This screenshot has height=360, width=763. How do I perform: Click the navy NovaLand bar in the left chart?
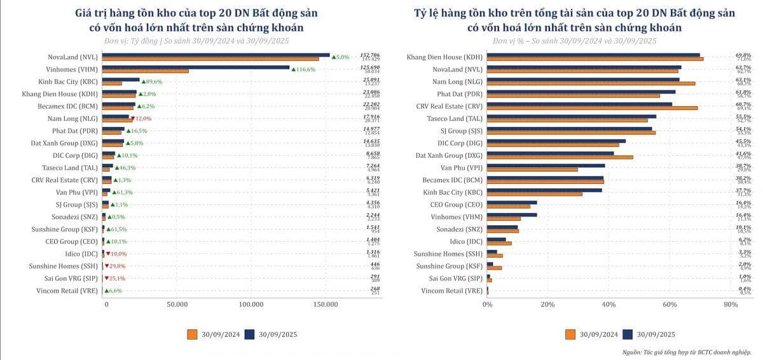tap(216, 55)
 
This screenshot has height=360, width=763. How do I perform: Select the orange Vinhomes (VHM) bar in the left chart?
tap(146, 71)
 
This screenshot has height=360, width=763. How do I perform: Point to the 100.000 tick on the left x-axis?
tap(252, 305)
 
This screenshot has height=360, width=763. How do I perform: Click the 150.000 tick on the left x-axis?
tap(326, 305)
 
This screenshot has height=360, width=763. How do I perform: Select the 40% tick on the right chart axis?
tap(608, 305)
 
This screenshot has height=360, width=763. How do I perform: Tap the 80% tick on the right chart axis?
tap(730, 305)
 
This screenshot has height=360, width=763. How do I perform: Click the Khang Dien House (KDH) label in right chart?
tap(444, 57)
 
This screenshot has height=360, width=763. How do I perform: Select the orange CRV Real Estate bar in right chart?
tap(592, 107)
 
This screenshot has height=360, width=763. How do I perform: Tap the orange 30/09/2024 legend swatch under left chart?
tap(193, 334)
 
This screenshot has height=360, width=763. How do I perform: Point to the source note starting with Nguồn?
tap(686, 352)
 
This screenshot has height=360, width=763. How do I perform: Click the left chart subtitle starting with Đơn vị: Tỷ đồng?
tap(196, 41)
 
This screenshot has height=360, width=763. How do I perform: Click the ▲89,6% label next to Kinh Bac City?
tap(152, 81)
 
